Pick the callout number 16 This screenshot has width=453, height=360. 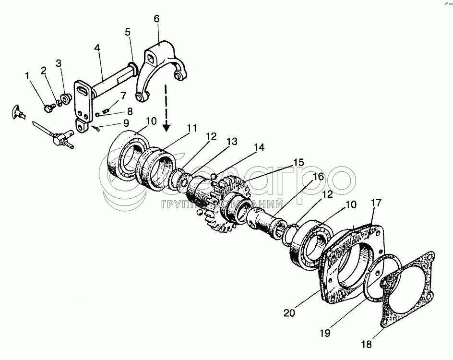pos(318,177)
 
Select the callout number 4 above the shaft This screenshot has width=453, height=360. pos(97,48)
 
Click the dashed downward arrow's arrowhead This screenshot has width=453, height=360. pos(167,127)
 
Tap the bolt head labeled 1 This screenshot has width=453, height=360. pos(48,109)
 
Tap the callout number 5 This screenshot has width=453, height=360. pos(127,33)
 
